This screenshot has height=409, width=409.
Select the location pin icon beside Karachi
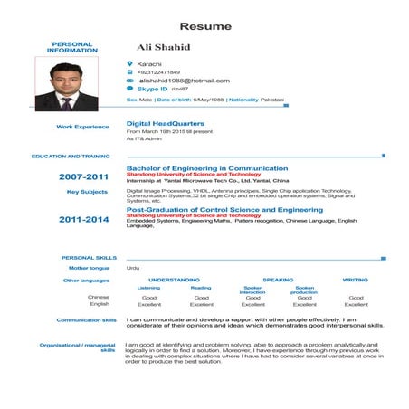(x=130, y=63)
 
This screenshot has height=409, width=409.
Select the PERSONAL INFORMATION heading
(x=72, y=47)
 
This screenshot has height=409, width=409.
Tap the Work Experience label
(x=82, y=127)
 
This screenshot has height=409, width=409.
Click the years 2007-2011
(x=83, y=176)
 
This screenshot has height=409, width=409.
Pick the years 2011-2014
(x=83, y=219)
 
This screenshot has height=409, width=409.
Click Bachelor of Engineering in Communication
(x=207, y=168)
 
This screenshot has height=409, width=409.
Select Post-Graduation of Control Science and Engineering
(x=218, y=209)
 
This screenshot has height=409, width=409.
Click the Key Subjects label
(x=88, y=192)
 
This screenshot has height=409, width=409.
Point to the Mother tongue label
(x=89, y=268)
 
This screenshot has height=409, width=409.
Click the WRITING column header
(x=355, y=280)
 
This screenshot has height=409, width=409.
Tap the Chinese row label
(x=99, y=297)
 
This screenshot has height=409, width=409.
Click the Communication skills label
(x=86, y=319)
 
